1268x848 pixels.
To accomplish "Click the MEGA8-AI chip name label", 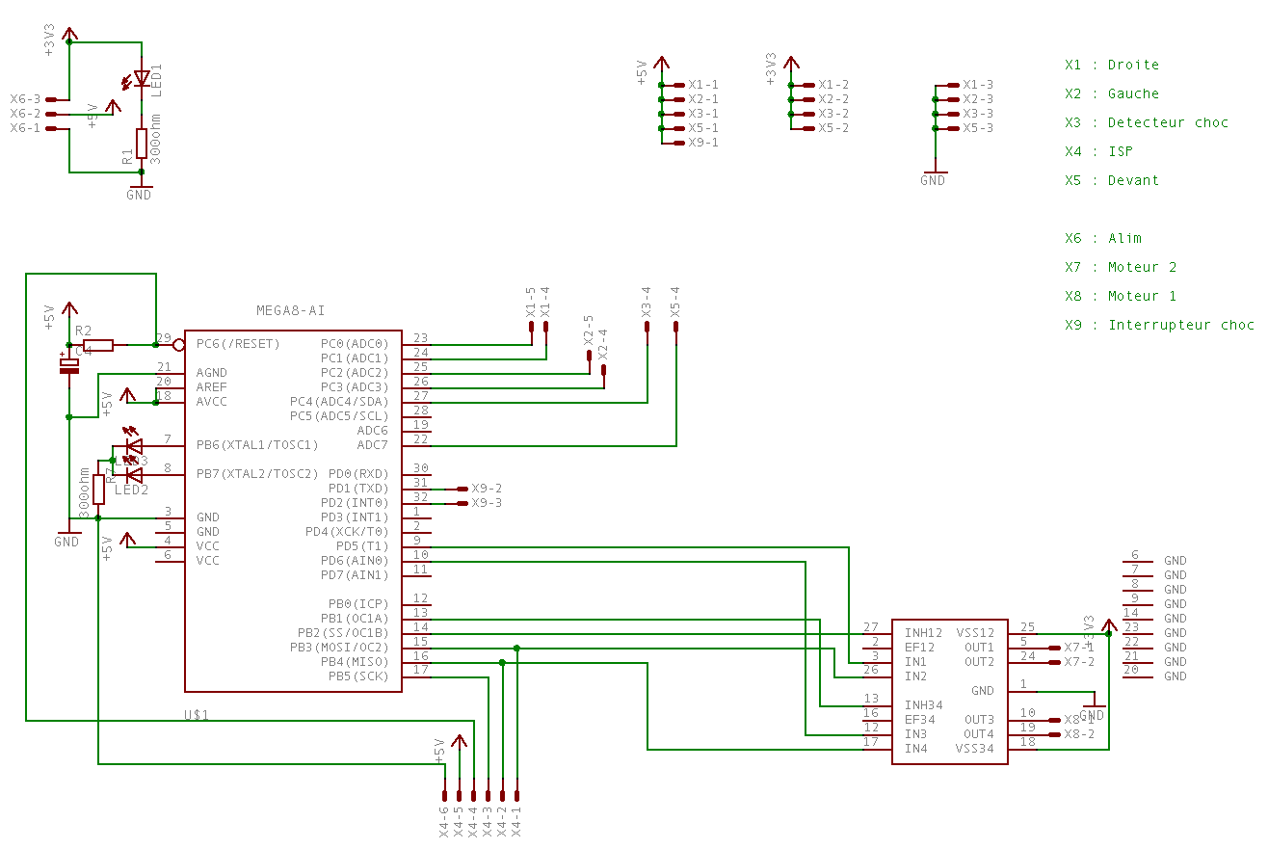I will coord(290,310).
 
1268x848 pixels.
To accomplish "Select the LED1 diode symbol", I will coord(142,77).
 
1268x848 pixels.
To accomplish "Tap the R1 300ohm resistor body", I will coord(142,143).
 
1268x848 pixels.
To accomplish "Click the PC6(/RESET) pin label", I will coord(238,344).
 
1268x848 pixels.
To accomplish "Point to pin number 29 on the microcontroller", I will coord(164,338).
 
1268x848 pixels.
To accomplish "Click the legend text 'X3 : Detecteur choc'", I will coord(1147,122).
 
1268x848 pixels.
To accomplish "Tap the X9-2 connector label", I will coord(487,489).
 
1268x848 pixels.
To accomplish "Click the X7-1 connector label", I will coord(1079,648).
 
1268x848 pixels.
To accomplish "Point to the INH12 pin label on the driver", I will coord(923,633).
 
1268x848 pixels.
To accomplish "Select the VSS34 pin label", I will coord(975,749).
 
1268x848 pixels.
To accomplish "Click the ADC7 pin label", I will coord(372,445).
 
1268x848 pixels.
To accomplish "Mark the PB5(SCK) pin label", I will coord(357,676).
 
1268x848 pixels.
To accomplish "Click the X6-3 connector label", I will coord(25,99).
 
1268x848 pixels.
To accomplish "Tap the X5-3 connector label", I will coord(977,128).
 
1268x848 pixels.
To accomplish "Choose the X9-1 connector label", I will coord(703,143).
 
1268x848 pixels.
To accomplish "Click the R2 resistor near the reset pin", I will coord(98,344).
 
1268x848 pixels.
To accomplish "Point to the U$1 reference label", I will coord(197,716).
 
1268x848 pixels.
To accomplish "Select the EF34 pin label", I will coord(920,720).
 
